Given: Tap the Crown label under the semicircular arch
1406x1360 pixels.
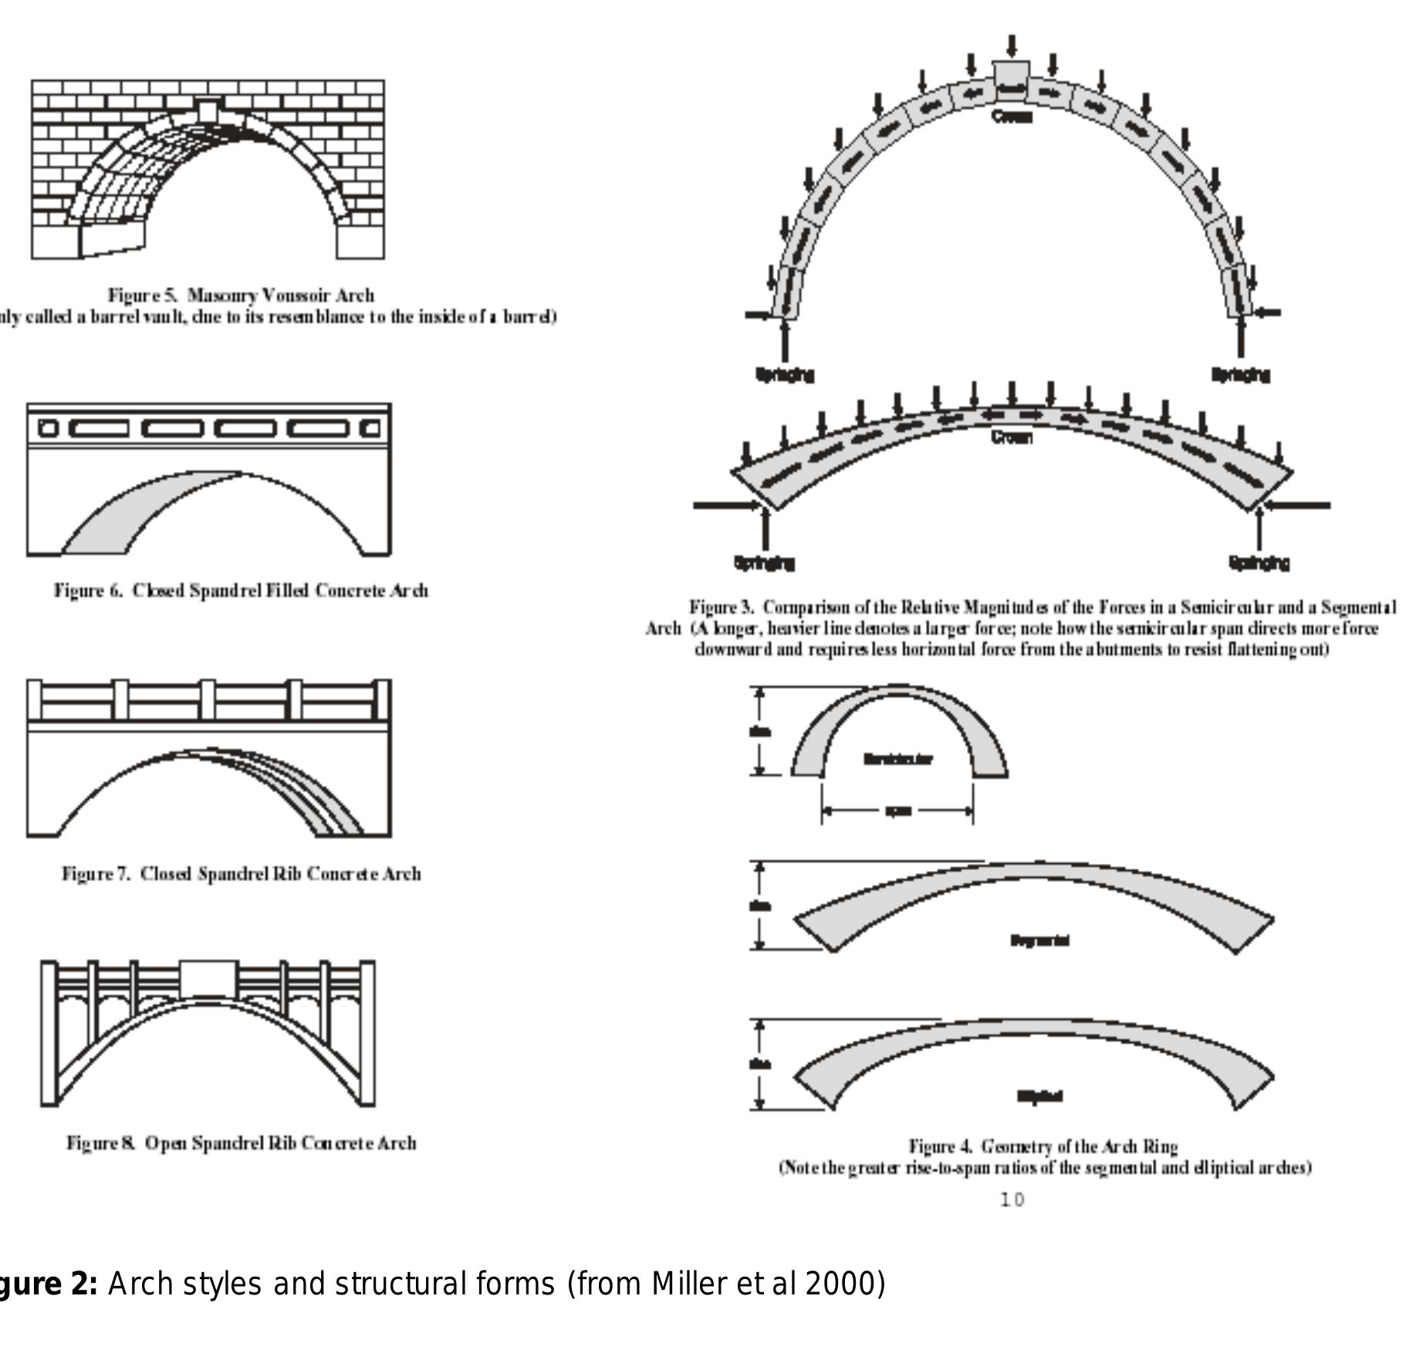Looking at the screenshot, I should [x=1011, y=116].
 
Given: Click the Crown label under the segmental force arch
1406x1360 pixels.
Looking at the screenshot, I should [x=1011, y=437].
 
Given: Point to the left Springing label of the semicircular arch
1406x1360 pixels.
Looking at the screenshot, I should [x=784, y=375].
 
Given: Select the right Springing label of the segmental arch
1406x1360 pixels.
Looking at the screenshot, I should [x=1259, y=563].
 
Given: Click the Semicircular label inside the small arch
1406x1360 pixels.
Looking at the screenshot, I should [x=897, y=759].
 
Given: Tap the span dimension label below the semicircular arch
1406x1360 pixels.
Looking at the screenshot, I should [x=897, y=812].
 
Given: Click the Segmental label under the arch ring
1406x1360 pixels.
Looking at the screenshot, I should [x=1039, y=940].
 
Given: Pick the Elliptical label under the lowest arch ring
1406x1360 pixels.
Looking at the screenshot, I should [x=1039, y=1096].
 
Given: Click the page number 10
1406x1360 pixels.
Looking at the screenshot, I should [x=1012, y=1200].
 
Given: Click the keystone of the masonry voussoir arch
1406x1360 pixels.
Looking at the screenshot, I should [x=208, y=111].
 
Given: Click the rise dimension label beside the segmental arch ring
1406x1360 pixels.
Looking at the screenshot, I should [x=759, y=906].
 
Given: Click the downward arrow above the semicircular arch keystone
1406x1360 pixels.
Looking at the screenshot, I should [x=1012, y=46].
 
